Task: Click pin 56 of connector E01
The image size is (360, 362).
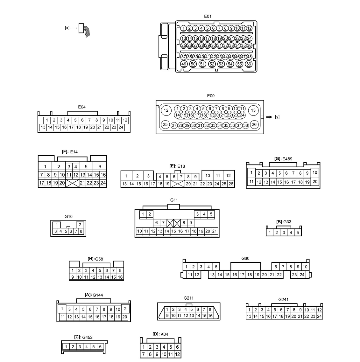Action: coord(249,64)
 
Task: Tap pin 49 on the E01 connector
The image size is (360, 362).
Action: coord(184,64)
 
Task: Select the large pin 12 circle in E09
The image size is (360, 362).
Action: coord(166,111)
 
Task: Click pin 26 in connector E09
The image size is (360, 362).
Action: coord(254,124)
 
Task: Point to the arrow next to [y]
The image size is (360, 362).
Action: coord(269,117)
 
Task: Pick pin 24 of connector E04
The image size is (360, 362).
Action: coord(121,127)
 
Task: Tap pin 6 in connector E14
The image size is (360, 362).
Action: coord(100,166)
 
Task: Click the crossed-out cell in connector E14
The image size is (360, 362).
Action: coord(72,183)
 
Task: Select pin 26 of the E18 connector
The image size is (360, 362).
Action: coord(231,184)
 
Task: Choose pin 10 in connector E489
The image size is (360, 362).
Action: coord(315,172)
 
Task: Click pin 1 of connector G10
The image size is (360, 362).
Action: coord(57,225)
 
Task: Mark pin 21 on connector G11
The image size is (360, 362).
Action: coord(215,231)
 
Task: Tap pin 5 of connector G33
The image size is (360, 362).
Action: coord(297,233)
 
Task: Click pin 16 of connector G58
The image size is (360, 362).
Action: coord(120,277)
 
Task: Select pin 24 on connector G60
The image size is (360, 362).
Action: coord(302,275)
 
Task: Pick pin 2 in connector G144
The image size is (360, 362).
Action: coord(125,309)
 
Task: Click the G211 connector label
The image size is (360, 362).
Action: coord(188,298)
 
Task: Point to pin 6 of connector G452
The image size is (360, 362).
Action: coord(100,347)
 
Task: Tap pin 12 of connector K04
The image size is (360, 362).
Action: coord(177,354)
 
